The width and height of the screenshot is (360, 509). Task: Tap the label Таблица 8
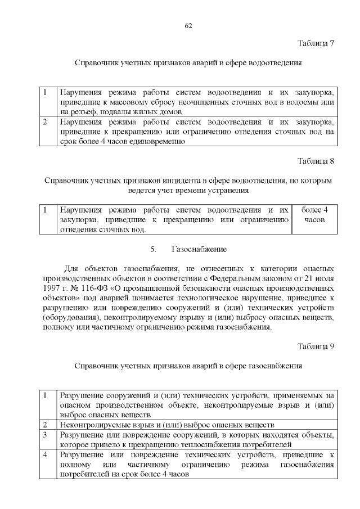point(316,161)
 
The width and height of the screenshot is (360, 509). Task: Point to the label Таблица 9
point(316,346)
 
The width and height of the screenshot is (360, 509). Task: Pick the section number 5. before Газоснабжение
point(154,249)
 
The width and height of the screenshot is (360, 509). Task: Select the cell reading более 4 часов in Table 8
point(314,215)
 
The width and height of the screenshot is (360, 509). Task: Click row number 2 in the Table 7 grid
point(45,121)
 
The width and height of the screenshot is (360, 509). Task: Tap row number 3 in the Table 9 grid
point(45,434)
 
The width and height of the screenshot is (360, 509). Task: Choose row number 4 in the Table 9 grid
point(45,454)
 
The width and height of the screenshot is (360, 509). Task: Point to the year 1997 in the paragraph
point(52,287)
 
